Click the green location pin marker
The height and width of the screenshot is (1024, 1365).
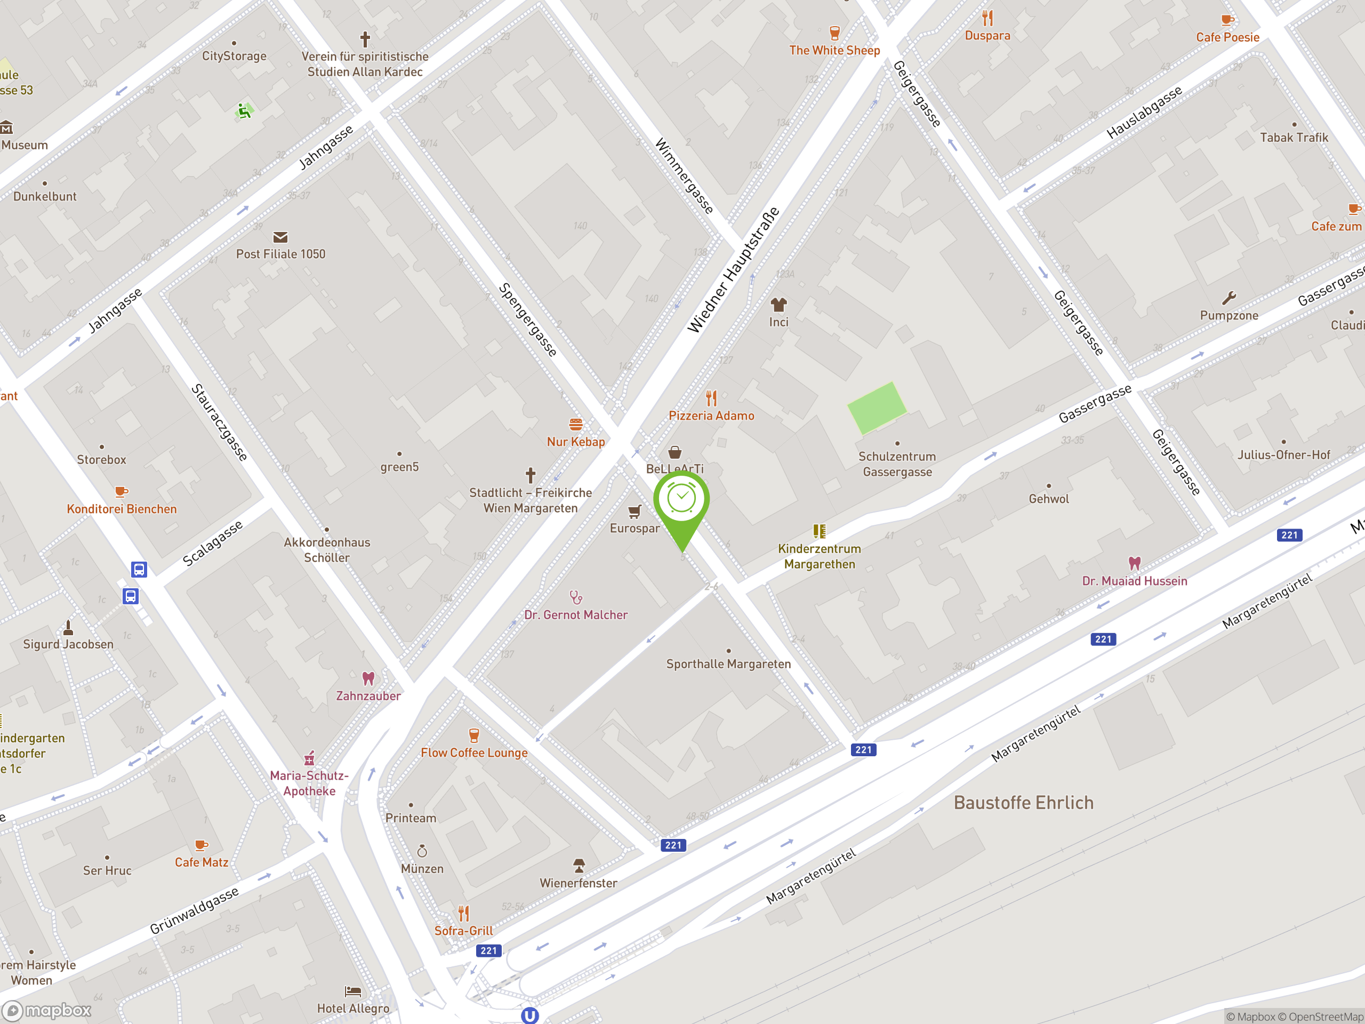pos(681,502)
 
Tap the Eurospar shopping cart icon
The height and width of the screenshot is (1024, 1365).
pos(635,511)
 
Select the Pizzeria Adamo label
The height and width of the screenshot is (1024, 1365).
pos(711,416)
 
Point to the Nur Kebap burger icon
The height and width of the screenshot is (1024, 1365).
pos(576,425)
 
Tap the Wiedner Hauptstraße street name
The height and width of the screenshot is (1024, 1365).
pos(733,270)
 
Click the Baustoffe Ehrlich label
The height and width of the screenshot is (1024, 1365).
pos(1023,803)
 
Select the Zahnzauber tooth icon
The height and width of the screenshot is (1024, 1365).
pos(368,679)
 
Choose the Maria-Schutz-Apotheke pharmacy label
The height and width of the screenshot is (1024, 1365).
pos(309,783)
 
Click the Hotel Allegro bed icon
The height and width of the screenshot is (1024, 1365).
pos(353,992)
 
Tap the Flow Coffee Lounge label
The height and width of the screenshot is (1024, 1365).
pos(474,753)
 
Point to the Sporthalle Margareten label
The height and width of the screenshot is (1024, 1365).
pos(728,664)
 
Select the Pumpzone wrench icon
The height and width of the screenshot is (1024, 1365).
pos(1228,299)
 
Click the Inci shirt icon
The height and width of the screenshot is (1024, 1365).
pos(778,305)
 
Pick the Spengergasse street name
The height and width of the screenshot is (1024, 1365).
pos(528,319)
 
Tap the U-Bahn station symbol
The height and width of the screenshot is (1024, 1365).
pos(529,1015)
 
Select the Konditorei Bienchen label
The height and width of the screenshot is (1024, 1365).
pos(122,509)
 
